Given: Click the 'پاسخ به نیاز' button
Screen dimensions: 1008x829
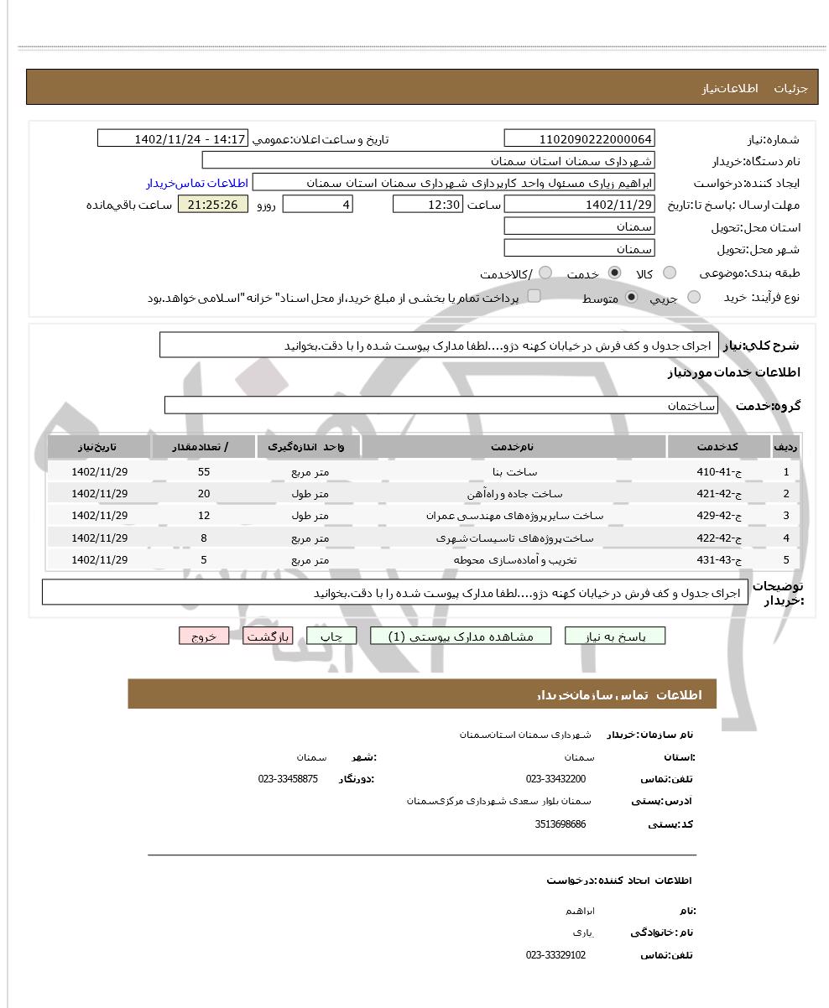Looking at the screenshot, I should click(x=614, y=636).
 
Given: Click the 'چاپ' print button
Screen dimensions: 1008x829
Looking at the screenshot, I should click(x=331, y=636).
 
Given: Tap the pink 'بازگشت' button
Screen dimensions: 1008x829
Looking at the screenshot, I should click(x=268, y=636).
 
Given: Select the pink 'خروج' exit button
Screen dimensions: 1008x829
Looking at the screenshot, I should click(x=204, y=636).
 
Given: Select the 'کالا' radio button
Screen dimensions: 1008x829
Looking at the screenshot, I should click(x=670, y=273).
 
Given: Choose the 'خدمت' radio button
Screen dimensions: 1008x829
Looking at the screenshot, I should click(x=614, y=273).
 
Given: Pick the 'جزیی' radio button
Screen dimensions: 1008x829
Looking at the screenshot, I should click(x=694, y=298).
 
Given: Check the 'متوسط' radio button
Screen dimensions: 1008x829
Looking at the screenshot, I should click(x=632, y=298).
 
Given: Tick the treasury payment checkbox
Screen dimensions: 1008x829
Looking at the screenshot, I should click(x=534, y=296).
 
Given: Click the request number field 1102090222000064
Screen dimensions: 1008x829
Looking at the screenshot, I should click(x=579, y=139).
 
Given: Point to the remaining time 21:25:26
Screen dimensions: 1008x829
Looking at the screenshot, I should click(x=213, y=205).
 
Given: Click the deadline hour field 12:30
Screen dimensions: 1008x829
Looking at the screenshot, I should click(x=427, y=205).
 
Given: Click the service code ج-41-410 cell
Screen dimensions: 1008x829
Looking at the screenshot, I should click(x=718, y=472).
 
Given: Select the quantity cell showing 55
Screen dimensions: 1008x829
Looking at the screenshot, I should click(x=204, y=472).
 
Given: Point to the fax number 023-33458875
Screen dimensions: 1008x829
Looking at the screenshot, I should click(x=288, y=779).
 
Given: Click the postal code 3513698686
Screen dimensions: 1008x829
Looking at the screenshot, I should click(x=560, y=824).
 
